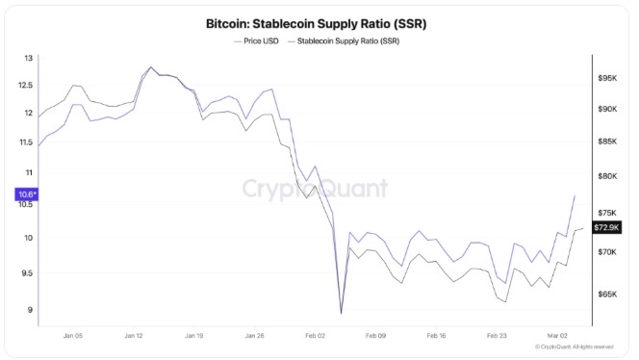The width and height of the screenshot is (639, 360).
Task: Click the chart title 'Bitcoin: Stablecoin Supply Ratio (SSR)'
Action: tap(317, 24)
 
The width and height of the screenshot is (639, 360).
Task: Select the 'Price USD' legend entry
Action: tap(256, 41)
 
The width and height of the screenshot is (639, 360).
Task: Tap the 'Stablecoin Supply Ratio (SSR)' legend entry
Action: tap(344, 41)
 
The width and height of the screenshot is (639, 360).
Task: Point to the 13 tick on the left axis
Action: tap(28, 58)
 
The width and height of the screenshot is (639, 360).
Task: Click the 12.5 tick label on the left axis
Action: tap(25, 86)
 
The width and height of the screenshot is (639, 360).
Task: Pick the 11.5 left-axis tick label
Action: tap(25, 142)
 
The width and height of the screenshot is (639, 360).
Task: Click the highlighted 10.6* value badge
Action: tap(27, 194)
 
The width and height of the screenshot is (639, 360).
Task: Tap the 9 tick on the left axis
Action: tap(30, 310)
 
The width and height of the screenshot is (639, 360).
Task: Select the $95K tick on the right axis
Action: tap(607, 78)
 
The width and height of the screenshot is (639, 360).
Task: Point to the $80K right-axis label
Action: tap(607, 176)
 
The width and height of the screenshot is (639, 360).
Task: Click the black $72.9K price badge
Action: tap(607, 227)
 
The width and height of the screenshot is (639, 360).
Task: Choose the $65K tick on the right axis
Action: tap(607, 294)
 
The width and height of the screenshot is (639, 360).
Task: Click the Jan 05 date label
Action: tap(73, 336)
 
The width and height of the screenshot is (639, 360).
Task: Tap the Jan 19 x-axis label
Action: tap(194, 336)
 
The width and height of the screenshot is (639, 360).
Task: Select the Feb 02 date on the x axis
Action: tap(315, 336)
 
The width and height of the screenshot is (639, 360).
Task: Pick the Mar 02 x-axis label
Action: tap(557, 336)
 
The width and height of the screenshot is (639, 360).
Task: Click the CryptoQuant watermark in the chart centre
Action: tap(315, 189)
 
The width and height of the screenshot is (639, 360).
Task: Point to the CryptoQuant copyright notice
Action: tap(575, 347)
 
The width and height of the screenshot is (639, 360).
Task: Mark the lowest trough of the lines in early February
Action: tap(341, 313)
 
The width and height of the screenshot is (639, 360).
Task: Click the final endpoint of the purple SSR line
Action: tap(575, 195)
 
